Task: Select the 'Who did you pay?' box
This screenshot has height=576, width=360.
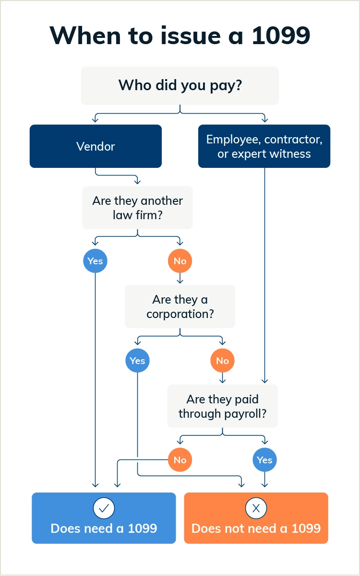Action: (180, 85)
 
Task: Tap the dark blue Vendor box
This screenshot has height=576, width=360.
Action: (96, 146)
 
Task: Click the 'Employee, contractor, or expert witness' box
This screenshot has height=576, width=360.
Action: (264, 146)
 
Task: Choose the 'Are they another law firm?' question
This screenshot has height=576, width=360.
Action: (137, 208)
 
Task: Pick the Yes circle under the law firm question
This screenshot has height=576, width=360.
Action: (95, 261)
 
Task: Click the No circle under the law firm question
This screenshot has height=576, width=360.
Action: (180, 261)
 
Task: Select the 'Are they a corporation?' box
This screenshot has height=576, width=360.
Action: (180, 307)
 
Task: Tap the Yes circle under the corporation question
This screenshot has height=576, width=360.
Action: (137, 360)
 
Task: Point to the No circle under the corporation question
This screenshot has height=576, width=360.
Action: (222, 360)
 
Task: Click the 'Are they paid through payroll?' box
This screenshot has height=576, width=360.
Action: (222, 406)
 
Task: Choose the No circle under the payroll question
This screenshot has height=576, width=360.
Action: (180, 460)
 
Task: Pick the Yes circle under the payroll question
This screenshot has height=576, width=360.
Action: (264, 460)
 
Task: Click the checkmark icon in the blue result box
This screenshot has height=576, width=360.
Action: (104, 508)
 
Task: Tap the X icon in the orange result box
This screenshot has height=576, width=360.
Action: (256, 508)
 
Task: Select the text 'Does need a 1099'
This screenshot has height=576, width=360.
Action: (104, 529)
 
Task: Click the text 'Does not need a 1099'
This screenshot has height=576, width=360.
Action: (256, 529)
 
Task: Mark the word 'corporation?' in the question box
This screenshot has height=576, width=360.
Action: (180, 314)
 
